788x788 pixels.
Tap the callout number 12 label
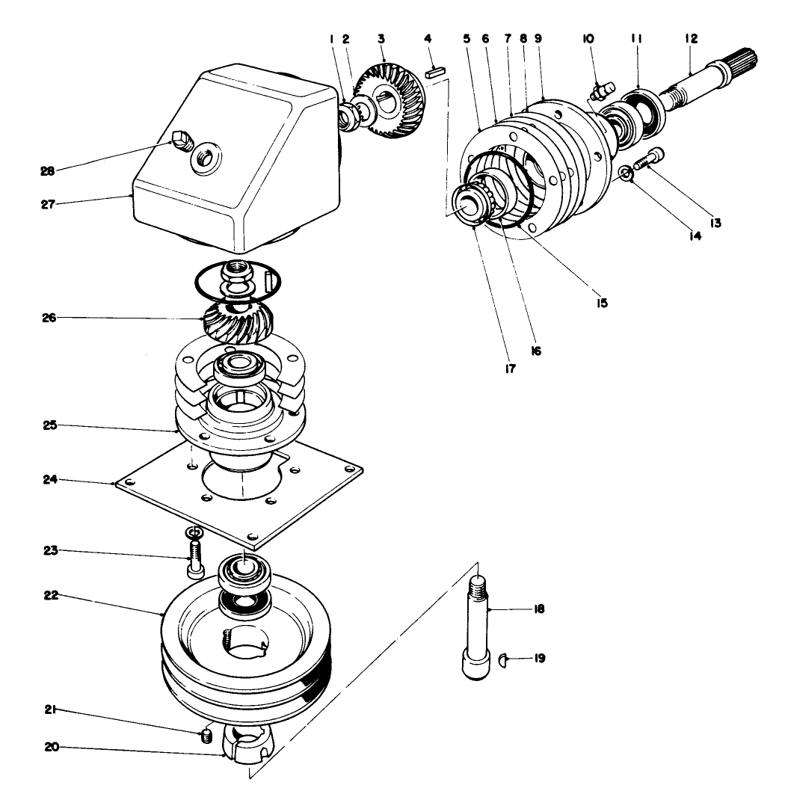[x=690, y=37]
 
